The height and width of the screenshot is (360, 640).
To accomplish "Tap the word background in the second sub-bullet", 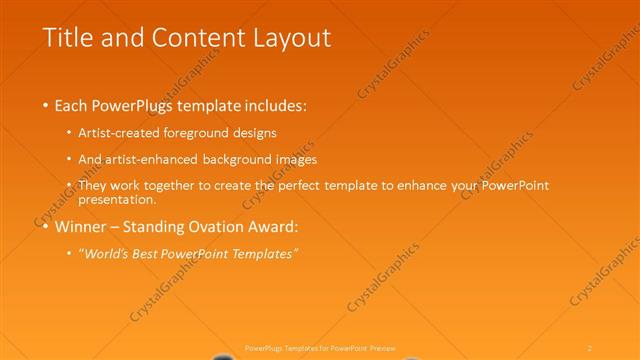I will [x=254, y=159].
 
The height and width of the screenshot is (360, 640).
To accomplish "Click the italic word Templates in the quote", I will [x=264, y=254].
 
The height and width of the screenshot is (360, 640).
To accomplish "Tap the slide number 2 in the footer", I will [x=590, y=347].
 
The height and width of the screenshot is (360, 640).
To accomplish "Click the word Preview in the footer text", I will [x=383, y=347].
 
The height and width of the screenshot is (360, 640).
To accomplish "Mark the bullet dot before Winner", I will [x=46, y=227].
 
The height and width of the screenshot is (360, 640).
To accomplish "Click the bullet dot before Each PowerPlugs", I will [x=46, y=105].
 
